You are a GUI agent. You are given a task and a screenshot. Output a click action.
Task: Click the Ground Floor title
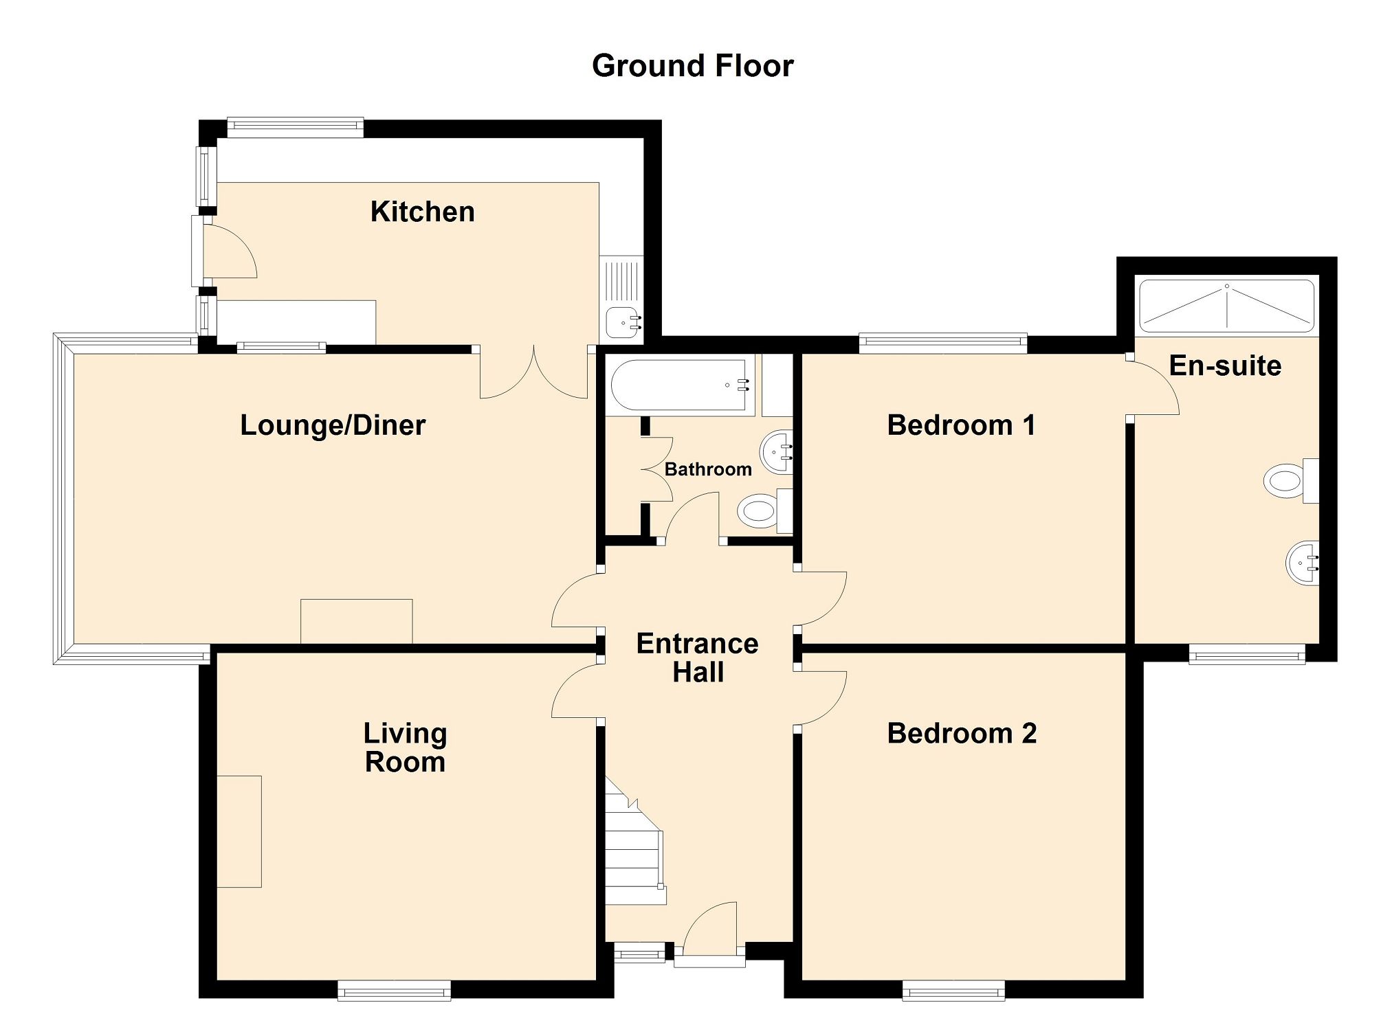[692, 66]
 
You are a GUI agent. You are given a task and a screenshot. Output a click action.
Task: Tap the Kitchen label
[422, 212]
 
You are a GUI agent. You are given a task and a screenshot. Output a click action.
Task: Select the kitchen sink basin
[623, 321]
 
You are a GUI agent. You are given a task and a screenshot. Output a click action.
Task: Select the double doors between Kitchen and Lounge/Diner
[533, 374]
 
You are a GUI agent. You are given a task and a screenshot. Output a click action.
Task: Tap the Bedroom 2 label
[961, 734]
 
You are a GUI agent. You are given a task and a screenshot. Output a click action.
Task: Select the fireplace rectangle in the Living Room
[239, 831]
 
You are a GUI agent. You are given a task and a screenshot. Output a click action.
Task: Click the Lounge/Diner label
[333, 425]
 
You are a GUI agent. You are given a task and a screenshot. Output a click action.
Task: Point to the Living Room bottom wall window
[394, 990]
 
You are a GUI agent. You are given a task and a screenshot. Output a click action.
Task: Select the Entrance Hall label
[697, 657]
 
